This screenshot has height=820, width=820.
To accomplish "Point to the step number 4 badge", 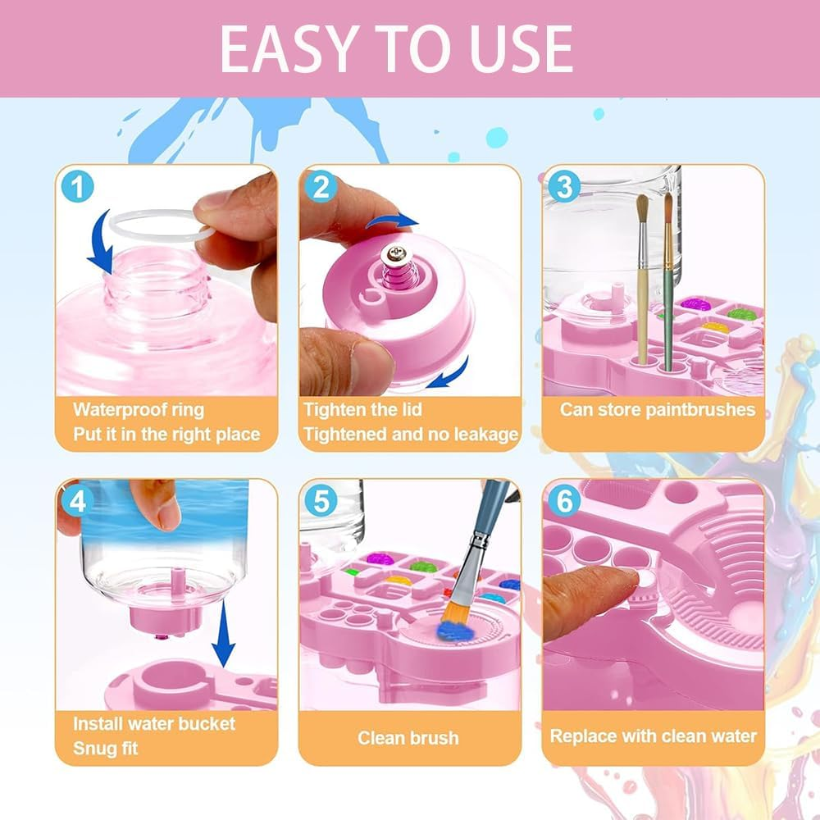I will tap(76, 501).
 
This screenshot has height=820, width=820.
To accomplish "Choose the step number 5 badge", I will tap(320, 501).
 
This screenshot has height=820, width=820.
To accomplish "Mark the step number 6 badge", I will tap(563, 501).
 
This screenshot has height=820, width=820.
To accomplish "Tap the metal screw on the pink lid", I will tap(397, 261).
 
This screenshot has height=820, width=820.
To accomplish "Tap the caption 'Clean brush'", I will tap(408, 737).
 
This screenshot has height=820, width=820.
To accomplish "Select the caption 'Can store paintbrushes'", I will tap(657, 409).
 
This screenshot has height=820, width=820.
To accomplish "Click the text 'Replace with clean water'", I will tap(653, 736).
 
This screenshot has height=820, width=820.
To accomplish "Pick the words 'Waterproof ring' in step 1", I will tap(139, 409).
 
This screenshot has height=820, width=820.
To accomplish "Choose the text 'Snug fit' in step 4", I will tap(106, 748).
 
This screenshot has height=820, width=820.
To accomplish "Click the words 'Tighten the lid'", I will tap(363, 409).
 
